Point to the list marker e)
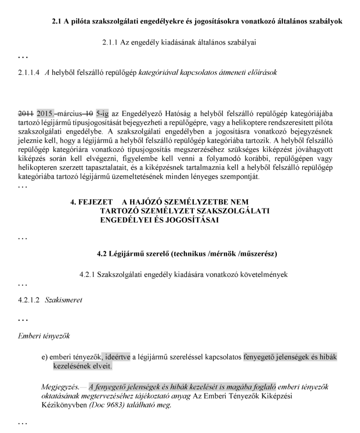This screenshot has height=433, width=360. coord(45,356)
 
